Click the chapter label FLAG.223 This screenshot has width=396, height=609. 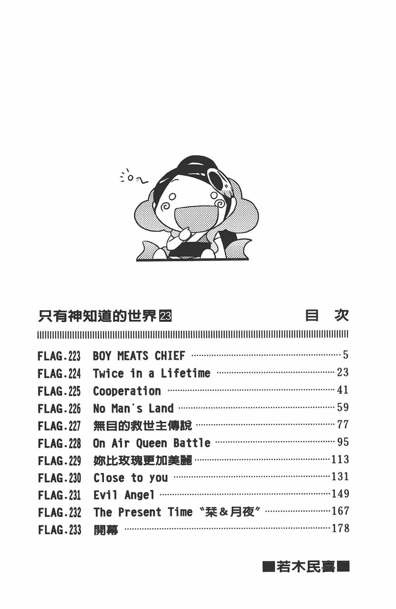tap(59, 356)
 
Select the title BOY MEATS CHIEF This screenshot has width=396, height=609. tap(139, 356)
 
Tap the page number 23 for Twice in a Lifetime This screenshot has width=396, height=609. tap(343, 372)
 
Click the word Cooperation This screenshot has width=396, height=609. tap(127, 391)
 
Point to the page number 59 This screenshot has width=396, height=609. tap(343, 407)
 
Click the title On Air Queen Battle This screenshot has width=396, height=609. tap(152, 443)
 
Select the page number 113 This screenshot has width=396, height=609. tap(340, 459)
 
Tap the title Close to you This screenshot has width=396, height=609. tap(131, 478)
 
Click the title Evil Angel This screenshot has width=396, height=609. tap(124, 495)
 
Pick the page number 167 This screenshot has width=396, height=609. tap(340, 511)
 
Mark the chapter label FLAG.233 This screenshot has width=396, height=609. tap(59, 530)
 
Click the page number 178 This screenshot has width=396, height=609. tap(340, 528)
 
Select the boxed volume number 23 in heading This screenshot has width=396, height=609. tap(165, 316)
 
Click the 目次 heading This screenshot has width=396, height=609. tap(327, 315)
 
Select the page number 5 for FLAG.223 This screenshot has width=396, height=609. tap(345, 355)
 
